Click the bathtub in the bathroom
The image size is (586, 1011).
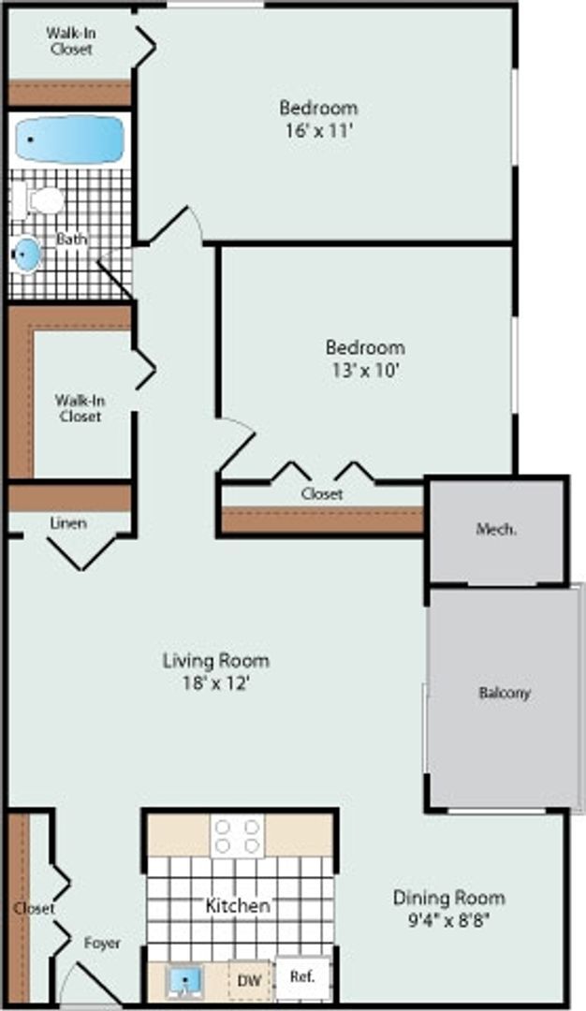(x=69, y=139)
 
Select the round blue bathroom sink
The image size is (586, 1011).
(x=28, y=254)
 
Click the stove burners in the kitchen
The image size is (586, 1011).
(x=237, y=835)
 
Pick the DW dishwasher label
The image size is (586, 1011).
(x=249, y=980)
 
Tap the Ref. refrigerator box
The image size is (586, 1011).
(x=301, y=976)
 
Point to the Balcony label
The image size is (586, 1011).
(x=505, y=694)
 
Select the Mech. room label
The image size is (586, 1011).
(x=496, y=529)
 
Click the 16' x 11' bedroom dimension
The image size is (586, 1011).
(x=318, y=131)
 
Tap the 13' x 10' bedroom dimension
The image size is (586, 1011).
(x=365, y=370)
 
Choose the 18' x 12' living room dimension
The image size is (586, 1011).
(x=216, y=683)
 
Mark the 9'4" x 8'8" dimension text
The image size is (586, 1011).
(x=448, y=919)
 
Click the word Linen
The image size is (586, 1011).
(x=68, y=523)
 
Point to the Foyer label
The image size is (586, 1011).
(x=102, y=943)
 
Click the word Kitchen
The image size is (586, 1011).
(x=238, y=905)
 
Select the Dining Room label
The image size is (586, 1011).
(x=448, y=898)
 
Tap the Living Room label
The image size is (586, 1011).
(x=216, y=661)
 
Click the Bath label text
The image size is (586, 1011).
(x=71, y=240)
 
